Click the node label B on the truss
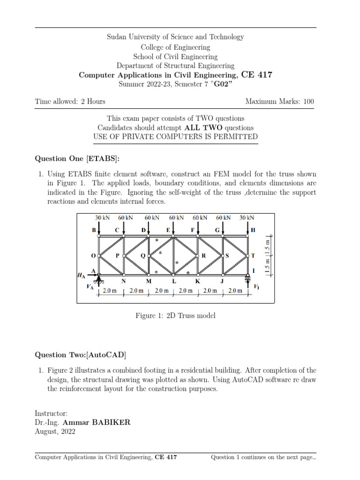(x=93, y=230)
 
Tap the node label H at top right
(x=254, y=230)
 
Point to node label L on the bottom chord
(x=173, y=281)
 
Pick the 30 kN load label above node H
(x=247, y=217)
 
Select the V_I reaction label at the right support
(x=256, y=286)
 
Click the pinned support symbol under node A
(x=99, y=280)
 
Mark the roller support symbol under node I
(x=247, y=280)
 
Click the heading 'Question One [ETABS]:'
(x=74, y=158)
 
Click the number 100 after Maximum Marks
(x=308, y=102)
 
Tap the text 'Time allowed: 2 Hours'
(x=70, y=102)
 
